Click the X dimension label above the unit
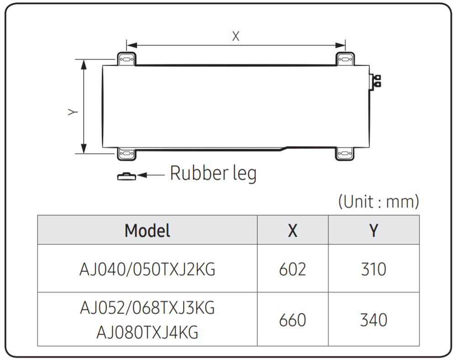[x=236, y=36]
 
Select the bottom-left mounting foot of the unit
[x=126, y=154]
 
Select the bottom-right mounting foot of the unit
[x=345, y=154]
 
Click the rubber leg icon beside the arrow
[x=126, y=175]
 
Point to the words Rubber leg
[x=213, y=174]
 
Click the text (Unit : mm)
[x=378, y=201]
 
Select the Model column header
[x=147, y=230]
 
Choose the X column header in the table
[x=293, y=230]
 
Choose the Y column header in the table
[x=373, y=230]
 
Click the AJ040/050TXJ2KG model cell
[x=147, y=269]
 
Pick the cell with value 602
[x=293, y=269]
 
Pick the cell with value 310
[x=373, y=269]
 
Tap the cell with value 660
[x=293, y=320]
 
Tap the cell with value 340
[x=373, y=320]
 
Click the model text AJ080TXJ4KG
[x=147, y=332]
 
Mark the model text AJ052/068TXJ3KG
[x=147, y=308]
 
